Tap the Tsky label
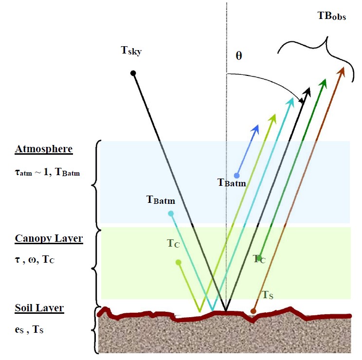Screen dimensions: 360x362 [131, 50]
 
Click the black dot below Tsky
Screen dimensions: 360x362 [133, 73]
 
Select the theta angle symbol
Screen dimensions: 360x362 [238, 55]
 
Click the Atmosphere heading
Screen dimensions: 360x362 [44, 149]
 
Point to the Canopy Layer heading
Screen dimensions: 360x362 [49, 239]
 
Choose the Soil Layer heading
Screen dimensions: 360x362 [39, 308]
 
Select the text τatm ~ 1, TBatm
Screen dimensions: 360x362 [47, 172]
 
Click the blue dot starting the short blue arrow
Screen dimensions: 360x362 [237, 175]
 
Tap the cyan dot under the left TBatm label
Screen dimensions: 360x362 [171, 213]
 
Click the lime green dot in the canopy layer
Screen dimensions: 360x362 [179, 262]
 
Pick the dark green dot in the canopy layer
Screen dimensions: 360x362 [261, 257]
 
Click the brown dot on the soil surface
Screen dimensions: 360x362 [253, 310]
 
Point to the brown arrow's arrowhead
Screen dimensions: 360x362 [342, 71]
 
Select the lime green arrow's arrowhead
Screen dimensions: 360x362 [274, 117]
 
